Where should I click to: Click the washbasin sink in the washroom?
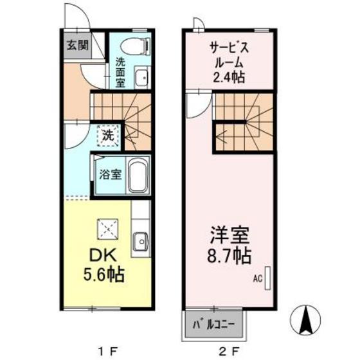point(141,78)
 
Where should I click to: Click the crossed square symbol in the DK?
point(106,228)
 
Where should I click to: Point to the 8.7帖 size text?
point(228,256)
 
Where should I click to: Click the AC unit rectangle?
point(268,280)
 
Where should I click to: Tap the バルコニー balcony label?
point(215,324)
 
